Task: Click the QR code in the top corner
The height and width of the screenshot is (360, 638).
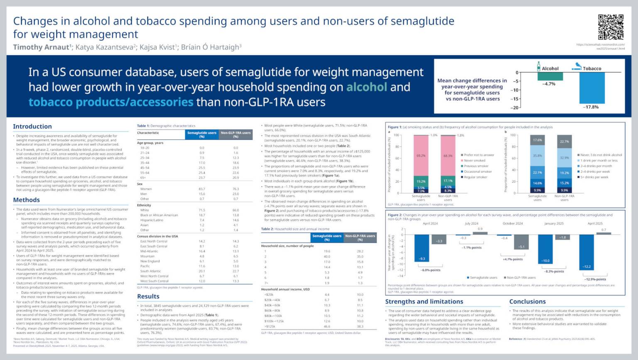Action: (x=611, y=27)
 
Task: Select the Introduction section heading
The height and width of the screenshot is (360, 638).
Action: (x=32, y=127)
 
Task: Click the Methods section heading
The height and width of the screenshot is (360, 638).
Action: (x=26, y=200)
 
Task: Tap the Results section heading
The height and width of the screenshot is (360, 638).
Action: (x=148, y=296)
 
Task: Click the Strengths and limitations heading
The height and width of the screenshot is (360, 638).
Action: (x=424, y=302)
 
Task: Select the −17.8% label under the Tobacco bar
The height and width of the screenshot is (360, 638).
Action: (x=591, y=107)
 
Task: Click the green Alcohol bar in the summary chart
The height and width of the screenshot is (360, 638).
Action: (x=550, y=76)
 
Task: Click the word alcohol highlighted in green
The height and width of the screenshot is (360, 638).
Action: (x=366, y=87)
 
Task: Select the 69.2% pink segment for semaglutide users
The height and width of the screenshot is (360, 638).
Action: (x=421, y=156)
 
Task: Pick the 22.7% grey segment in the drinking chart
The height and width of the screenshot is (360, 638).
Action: (x=564, y=142)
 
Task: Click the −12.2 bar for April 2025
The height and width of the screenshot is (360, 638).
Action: (x=586, y=252)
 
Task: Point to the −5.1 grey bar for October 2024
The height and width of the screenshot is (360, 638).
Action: (x=522, y=242)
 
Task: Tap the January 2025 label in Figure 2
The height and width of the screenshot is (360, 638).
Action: (x=554, y=224)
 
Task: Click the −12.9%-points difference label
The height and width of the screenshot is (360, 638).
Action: (x=595, y=279)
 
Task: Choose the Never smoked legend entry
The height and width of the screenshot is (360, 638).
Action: (x=474, y=161)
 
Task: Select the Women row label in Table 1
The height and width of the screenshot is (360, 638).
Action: (x=146, y=189)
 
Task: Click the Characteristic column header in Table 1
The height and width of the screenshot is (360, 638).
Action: (x=148, y=133)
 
